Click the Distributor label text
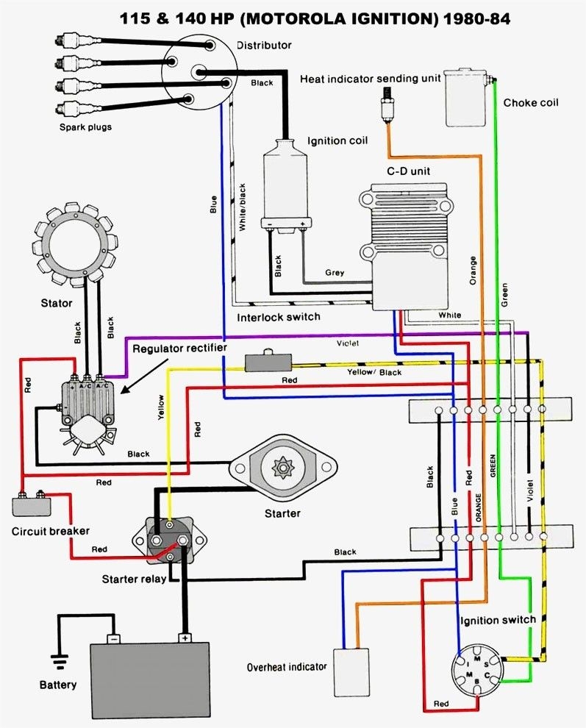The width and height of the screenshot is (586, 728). (264, 46)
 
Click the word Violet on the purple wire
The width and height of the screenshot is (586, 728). (349, 343)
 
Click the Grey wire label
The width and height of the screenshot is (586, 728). (335, 273)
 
